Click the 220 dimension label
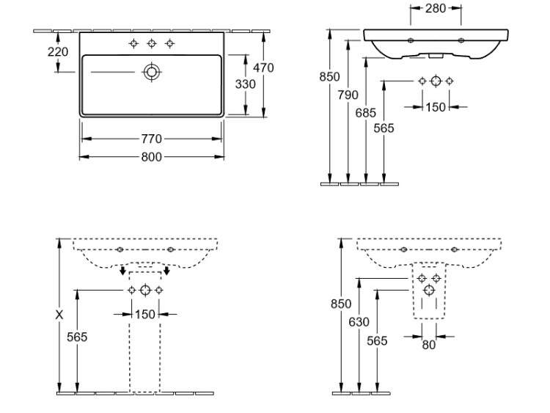(58, 52)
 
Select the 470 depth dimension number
(263, 68)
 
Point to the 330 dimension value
(245, 84)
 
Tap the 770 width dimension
(152, 139)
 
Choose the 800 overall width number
(152, 156)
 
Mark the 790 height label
(348, 95)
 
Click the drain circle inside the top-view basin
(152, 71)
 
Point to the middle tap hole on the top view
(152, 43)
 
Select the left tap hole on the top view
(133, 43)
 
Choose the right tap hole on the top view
(170, 43)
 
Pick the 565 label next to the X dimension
(77, 337)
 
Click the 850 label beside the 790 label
(331, 77)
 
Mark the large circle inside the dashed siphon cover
(429, 291)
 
